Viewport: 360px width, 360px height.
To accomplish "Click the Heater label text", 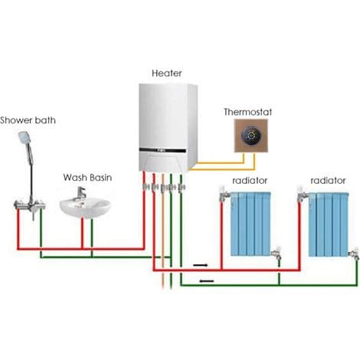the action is point(167,74).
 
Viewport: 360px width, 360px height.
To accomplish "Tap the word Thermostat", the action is point(247,112).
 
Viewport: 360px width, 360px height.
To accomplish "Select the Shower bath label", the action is point(28,120).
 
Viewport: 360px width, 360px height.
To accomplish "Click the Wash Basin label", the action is point(87,178).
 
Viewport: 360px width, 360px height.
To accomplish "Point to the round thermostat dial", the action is point(251,136).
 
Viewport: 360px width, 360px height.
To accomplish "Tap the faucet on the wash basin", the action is point(80,193).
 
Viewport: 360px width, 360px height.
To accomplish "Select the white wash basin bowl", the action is point(85,208).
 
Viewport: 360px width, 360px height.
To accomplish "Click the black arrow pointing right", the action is point(201,265).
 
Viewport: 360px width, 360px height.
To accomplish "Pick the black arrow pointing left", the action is point(207,281).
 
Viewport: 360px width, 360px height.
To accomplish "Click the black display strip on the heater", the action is point(162,150).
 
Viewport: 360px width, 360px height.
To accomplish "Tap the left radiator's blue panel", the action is point(250,224).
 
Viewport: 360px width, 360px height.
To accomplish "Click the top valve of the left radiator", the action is point(224,194).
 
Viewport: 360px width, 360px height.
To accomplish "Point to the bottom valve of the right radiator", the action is point(355,254).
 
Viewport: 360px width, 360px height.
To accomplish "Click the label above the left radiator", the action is point(250,181).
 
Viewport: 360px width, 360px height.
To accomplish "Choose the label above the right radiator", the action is point(328,181).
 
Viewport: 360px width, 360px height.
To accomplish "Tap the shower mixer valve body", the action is point(30,205).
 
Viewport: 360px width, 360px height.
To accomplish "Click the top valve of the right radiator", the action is point(303,195).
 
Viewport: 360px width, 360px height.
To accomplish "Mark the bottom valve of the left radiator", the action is point(277,254).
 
